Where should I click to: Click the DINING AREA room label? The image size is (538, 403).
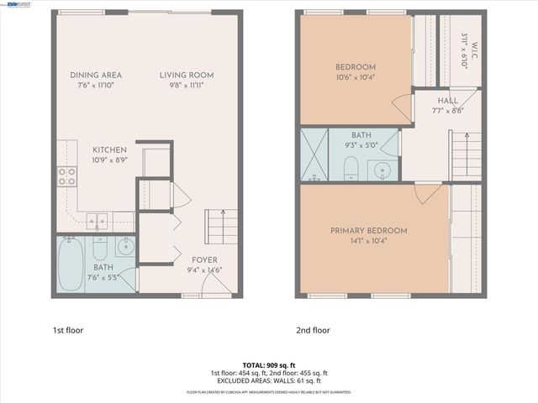point(95,75)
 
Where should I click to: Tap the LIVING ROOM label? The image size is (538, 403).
point(182,75)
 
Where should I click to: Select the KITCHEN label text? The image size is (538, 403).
point(109,149)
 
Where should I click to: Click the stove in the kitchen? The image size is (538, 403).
point(66,176)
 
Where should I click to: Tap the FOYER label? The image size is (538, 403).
point(203,260)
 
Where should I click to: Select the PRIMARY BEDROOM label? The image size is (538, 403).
point(368,231)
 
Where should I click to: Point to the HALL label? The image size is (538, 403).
point(447,101)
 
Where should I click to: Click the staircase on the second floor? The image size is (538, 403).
point(467,154)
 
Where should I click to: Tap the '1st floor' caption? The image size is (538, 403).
point(68,331)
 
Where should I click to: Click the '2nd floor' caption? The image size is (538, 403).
point(312,331)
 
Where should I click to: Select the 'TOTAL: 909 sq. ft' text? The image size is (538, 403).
point(268,365)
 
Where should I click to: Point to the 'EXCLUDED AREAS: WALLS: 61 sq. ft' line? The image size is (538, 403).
point(268,380)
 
